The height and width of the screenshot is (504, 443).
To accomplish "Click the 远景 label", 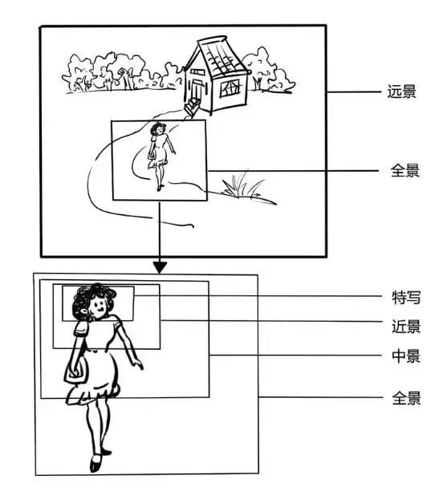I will (x=402, y=92).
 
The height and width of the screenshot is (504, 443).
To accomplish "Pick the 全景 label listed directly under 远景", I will (x=402, y=171).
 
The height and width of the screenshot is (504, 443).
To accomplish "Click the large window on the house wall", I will (x=230, y=86).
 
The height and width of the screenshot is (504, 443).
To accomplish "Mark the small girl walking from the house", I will (x=161, y=152).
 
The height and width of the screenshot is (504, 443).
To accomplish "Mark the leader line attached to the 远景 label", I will (x=353, y=92).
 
